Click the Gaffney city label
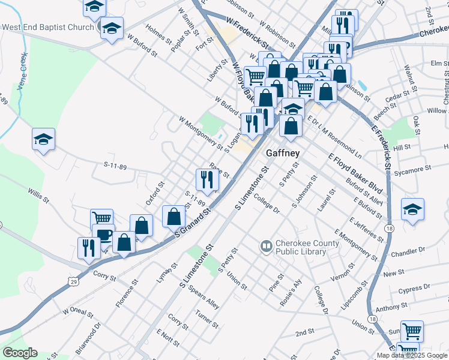pos(283,153)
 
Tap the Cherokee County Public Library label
pos(301,247)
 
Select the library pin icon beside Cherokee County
pos(265,247)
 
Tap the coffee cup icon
pos(103,235)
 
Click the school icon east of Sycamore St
pos(412,209)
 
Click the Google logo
pos(20,353)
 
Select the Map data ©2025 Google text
pos(412,355)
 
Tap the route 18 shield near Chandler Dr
pos(390,229)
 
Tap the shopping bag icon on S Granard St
pos(173,216)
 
